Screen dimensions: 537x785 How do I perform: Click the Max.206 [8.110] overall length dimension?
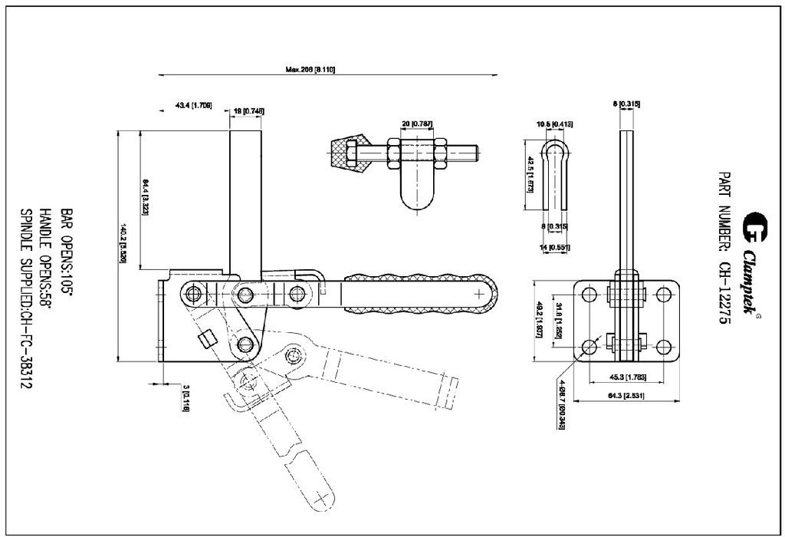click(x=310, y=69)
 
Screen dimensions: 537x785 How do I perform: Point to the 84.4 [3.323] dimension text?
click(x=144, y=197)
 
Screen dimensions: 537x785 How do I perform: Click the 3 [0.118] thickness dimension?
click(x=185, y=400)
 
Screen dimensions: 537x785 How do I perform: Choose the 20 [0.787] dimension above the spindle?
click(x=418, y=124)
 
